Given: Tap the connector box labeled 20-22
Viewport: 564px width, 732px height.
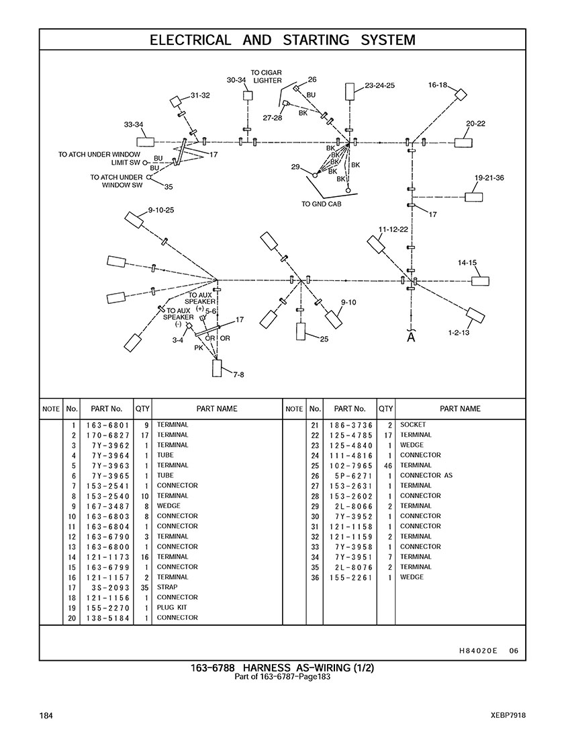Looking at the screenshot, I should pos(463,143).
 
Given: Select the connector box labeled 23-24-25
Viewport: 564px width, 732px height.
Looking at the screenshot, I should pos(350,91).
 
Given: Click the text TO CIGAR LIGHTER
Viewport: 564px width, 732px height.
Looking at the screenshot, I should pos(267,77).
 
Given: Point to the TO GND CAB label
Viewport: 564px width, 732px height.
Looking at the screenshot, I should pos(321,204).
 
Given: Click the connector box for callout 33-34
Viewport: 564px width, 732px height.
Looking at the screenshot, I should pos(145,143).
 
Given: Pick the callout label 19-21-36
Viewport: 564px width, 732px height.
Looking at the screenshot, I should pos(489,178).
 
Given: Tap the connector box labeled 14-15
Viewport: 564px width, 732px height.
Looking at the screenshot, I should pos(480,281).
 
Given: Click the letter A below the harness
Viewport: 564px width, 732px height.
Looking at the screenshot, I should pos(411,337).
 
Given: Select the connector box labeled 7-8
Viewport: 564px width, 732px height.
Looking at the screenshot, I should pos(218,368).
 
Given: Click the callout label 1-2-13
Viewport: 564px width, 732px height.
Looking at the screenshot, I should pos(459,333).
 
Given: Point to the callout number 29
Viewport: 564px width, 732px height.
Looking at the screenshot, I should pos(295,167).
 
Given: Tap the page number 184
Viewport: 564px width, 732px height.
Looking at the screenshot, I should pos(46,715).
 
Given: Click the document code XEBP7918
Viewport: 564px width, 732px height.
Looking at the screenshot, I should pos(508,715).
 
